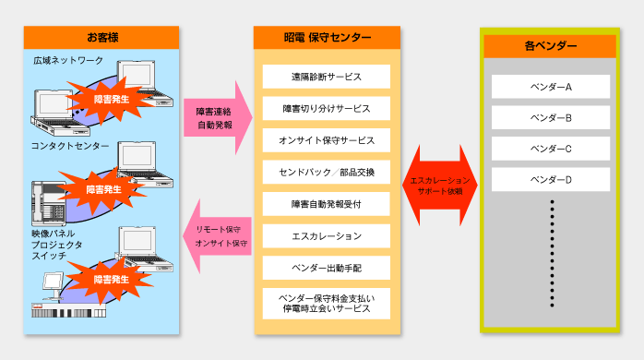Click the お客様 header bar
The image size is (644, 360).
101,38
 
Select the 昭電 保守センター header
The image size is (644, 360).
326,38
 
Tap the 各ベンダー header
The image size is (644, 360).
550,45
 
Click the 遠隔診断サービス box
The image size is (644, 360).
326,77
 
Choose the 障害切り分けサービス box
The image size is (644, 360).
326,109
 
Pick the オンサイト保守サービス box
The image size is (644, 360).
326,140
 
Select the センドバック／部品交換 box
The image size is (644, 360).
326,173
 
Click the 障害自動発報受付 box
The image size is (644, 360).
326,204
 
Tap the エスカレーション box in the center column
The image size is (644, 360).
326,236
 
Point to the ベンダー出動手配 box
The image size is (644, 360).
326,268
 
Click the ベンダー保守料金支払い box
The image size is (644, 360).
326,304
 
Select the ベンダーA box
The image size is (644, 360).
551,87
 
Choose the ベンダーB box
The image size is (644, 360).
551,118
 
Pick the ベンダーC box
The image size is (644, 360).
551,149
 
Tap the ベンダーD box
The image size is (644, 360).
551,180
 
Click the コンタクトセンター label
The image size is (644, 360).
70,147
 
